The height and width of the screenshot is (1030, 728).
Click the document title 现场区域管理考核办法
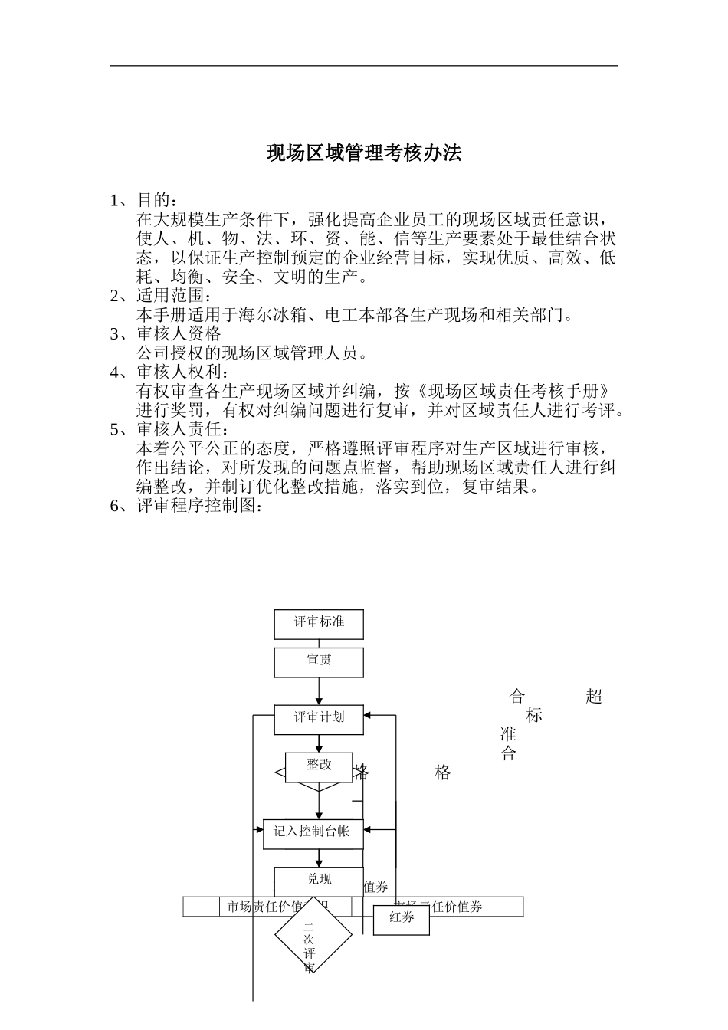tap(364, 153)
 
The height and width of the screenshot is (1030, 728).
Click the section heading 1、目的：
tap(143, 201)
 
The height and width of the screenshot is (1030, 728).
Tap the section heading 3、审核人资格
tap(166, 334)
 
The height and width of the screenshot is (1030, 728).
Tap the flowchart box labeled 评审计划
tap(319, 717)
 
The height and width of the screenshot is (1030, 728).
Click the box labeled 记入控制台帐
tap(313, 832)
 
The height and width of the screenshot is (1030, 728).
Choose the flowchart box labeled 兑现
tap(319, 881)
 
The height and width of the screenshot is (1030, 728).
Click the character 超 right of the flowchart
tap(593, 697)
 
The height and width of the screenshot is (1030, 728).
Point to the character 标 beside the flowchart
tap(534, 716)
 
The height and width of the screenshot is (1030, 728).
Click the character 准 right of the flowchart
tap(507, 734)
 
